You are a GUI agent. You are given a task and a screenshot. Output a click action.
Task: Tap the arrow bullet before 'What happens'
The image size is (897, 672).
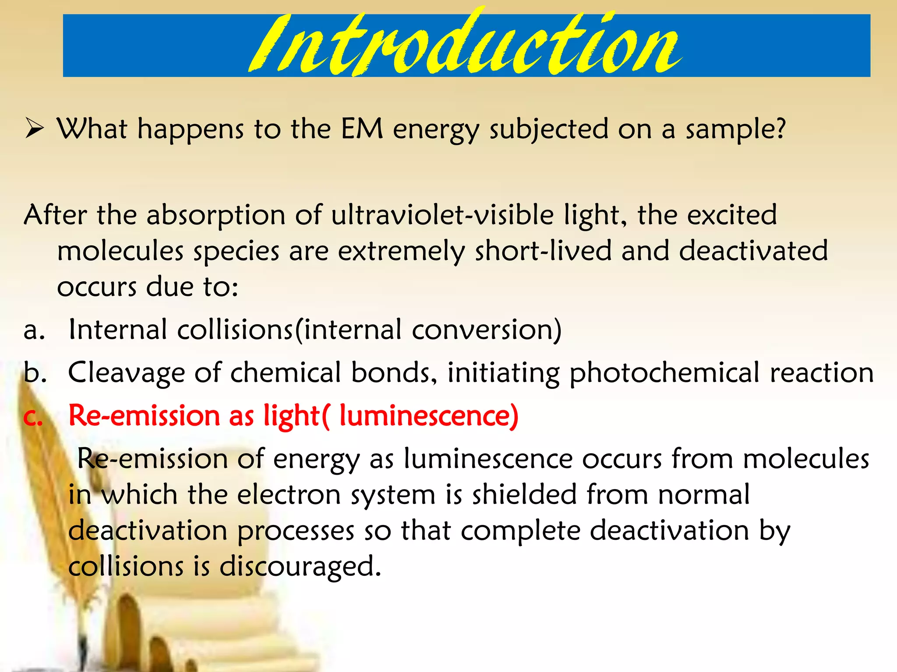click(34, 129)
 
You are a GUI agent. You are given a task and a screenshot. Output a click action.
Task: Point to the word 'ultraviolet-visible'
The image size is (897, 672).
click(442, 215)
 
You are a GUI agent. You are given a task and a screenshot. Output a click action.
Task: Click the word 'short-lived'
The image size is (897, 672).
click(543, 251)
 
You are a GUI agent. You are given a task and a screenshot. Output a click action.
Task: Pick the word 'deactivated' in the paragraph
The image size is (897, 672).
click(753, 251)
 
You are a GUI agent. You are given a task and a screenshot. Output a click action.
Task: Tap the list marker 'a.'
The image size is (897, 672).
click(34, 330)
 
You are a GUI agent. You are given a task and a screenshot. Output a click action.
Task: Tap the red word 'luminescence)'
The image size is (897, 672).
click(429, 416)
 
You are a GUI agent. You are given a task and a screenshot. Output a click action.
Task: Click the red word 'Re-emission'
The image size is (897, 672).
click(145, 416)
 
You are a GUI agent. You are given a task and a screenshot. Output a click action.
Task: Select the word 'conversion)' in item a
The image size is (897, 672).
click(486, 330)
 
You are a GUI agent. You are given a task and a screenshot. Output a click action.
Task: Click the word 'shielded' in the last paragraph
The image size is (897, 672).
click(524, 495)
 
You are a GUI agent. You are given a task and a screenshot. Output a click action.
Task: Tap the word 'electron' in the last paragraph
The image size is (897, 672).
click(289, 495)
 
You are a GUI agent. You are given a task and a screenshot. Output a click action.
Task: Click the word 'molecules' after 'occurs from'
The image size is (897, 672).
click(806, 459)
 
